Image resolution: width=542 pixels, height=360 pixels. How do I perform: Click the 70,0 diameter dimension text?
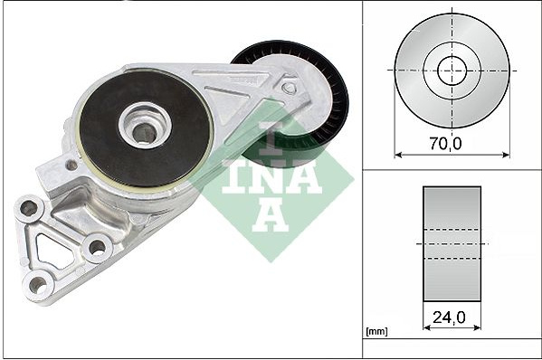tap(445, 144)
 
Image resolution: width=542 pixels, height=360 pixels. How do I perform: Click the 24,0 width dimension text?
tap(449, 317)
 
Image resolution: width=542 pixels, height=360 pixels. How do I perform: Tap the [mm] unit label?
tap(376, 332)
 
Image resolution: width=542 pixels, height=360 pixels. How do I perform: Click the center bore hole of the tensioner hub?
tap(144, 133)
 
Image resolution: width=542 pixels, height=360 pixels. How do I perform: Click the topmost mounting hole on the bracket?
tap(29, 208)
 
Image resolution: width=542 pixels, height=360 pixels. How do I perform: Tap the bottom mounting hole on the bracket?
tap(38, 285)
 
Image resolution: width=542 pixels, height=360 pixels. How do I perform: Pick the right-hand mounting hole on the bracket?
tap(97, 247)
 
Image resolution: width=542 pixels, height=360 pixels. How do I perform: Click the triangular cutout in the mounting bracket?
tap(52, 251)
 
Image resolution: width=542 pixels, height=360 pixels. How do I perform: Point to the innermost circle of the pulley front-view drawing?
tap(452, 71)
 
